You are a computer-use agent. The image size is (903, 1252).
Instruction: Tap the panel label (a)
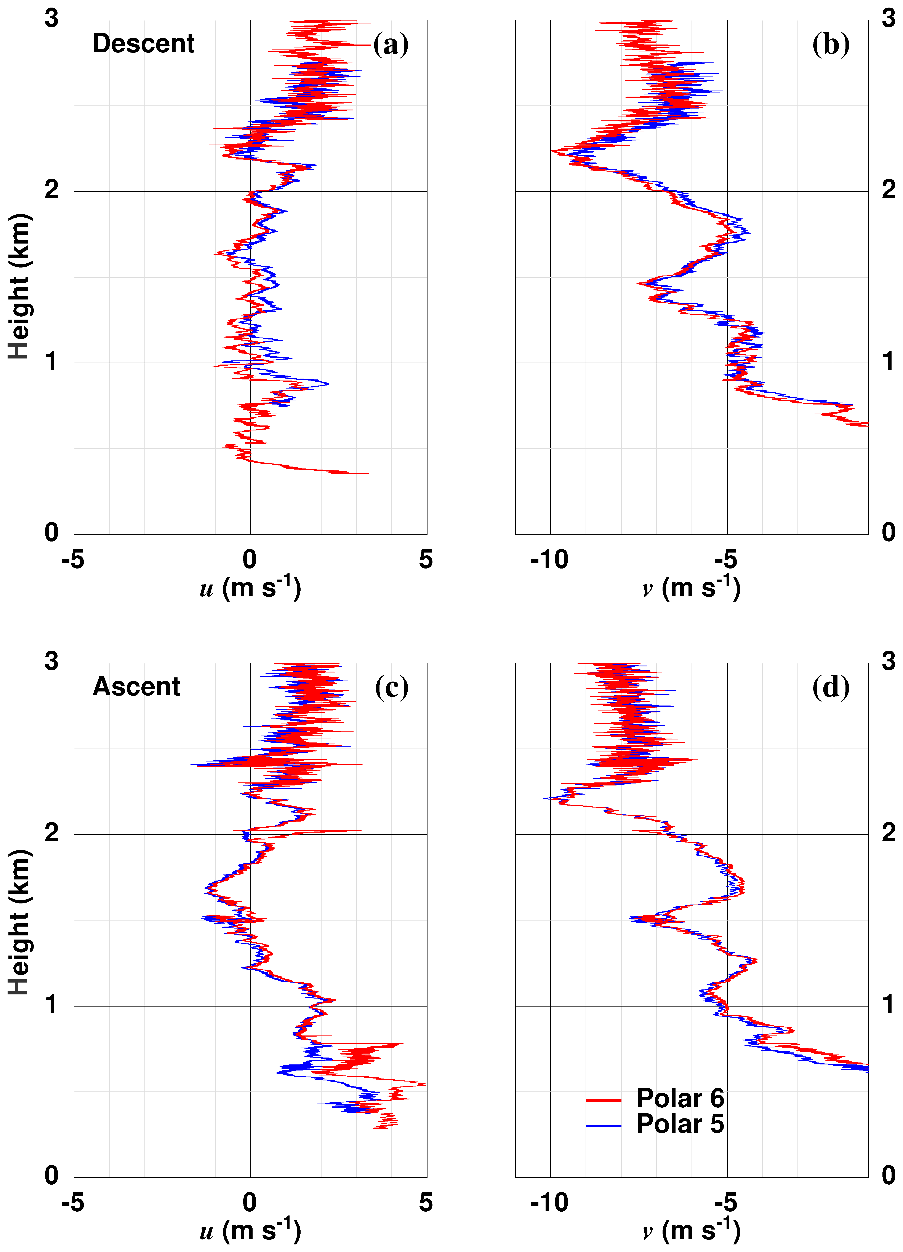coord(391,44)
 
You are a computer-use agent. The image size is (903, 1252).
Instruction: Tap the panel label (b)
coord(831,44)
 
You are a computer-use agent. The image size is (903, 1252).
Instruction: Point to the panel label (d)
coord(831,687)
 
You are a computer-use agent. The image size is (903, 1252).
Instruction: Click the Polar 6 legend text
coord(680,1098)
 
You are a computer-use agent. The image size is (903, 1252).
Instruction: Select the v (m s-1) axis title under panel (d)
coord(691,1230)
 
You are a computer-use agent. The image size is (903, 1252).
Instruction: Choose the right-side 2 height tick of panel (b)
coord(888,190)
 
